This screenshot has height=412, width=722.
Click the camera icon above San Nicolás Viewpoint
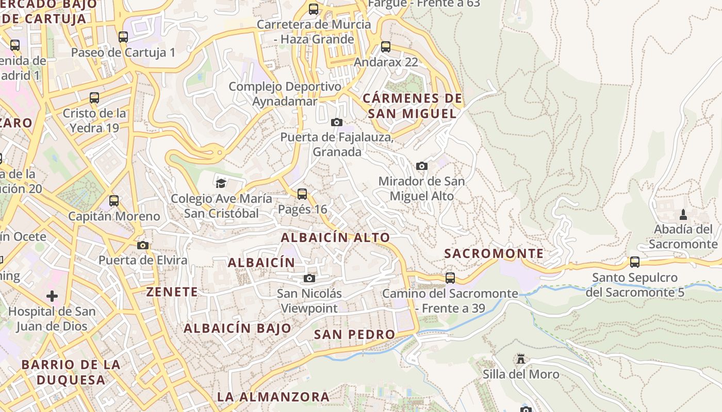(x=309, y=279)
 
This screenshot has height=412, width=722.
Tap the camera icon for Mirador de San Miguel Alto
(x=422, y=166)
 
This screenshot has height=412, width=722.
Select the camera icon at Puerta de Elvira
(x=143, y=245)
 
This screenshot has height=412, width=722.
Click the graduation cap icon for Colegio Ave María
(x=221, y=183)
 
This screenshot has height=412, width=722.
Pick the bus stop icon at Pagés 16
(x=302, y=194)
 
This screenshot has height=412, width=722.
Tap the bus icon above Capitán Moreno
(x=114, y=201)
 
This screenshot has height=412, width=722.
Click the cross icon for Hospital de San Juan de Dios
(x=52, y=296)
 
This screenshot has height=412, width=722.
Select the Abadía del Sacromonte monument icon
(x=683, y=214)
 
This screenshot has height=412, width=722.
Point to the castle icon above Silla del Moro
(x=521, y=358)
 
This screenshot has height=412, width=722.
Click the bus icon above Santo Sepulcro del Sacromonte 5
(x=635, y=262)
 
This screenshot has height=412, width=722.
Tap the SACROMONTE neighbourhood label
(x=494, y=253)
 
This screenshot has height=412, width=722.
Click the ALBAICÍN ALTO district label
(x=335, y=237)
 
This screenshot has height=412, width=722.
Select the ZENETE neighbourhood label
(x=172, y=292)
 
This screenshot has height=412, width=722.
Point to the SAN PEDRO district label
(x=354, y=334)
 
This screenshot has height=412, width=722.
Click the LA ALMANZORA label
(x=273, y=397)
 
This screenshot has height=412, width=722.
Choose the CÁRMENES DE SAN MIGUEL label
(x=412, y=106)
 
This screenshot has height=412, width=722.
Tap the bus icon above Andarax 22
(x=386, y=47)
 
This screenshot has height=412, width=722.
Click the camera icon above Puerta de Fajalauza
(x=337, y=122)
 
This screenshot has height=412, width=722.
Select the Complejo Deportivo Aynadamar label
(x=285, y=94)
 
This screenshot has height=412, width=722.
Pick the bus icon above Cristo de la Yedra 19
(x=94, y=98)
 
